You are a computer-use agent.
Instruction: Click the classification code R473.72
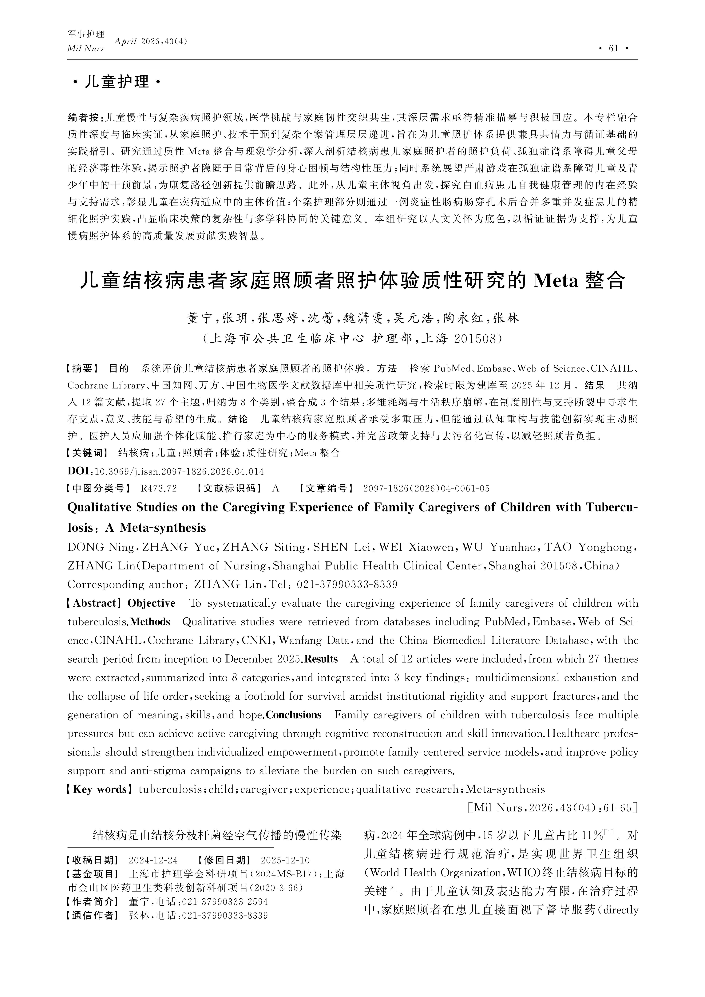(159, 489)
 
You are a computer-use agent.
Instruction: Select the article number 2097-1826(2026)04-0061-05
(426, 489)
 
